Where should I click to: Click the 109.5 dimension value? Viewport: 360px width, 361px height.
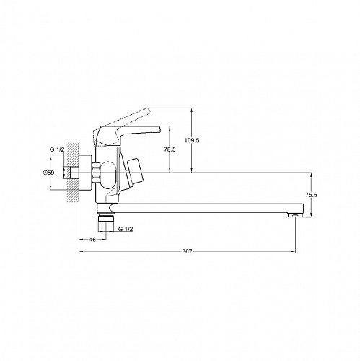point(192,140)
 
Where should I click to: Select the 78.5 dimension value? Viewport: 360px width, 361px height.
point(170,149)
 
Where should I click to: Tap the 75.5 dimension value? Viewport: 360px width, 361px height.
point(311,195)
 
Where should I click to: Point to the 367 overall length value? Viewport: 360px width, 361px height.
point(187,251)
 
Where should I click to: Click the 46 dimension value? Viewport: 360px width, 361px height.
point(92,240)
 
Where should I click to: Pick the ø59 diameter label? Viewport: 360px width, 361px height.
point(48,173)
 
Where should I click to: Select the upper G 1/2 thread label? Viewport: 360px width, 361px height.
point(57,149)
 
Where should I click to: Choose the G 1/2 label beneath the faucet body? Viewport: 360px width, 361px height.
point(126,229)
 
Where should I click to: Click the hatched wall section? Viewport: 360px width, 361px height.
point(73,173)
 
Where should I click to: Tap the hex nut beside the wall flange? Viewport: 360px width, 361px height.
point(97,173)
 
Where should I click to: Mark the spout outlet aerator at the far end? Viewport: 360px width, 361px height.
point(296,215)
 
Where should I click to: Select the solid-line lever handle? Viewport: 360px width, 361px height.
point(127,135)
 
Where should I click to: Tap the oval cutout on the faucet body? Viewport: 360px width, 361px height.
point(108,175)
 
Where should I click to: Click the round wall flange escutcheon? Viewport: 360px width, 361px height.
point(86,173)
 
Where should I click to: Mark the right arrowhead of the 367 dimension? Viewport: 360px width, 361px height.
point(294,251)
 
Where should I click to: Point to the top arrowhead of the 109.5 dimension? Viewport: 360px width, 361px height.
point(192,110)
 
